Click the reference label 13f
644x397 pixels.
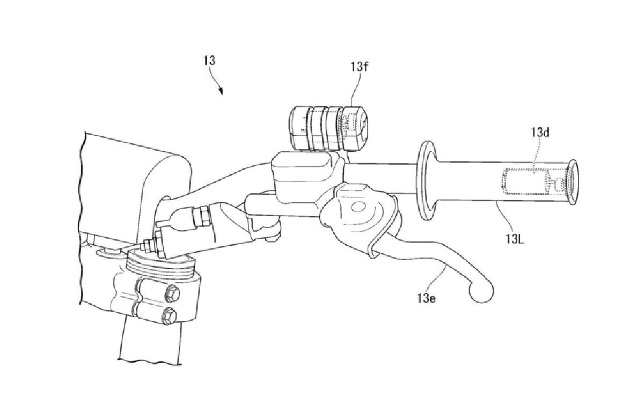point(360,67)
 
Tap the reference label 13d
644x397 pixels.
point(540,133)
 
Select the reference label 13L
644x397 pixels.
point(515,239)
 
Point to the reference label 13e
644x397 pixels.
point(427,298)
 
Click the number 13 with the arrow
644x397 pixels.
point(209,61)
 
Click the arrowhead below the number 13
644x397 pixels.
point(221,91)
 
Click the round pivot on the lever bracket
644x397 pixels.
point(357,207)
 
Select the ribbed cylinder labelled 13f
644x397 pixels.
point(328,128)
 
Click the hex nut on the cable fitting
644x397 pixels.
point(202,215)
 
